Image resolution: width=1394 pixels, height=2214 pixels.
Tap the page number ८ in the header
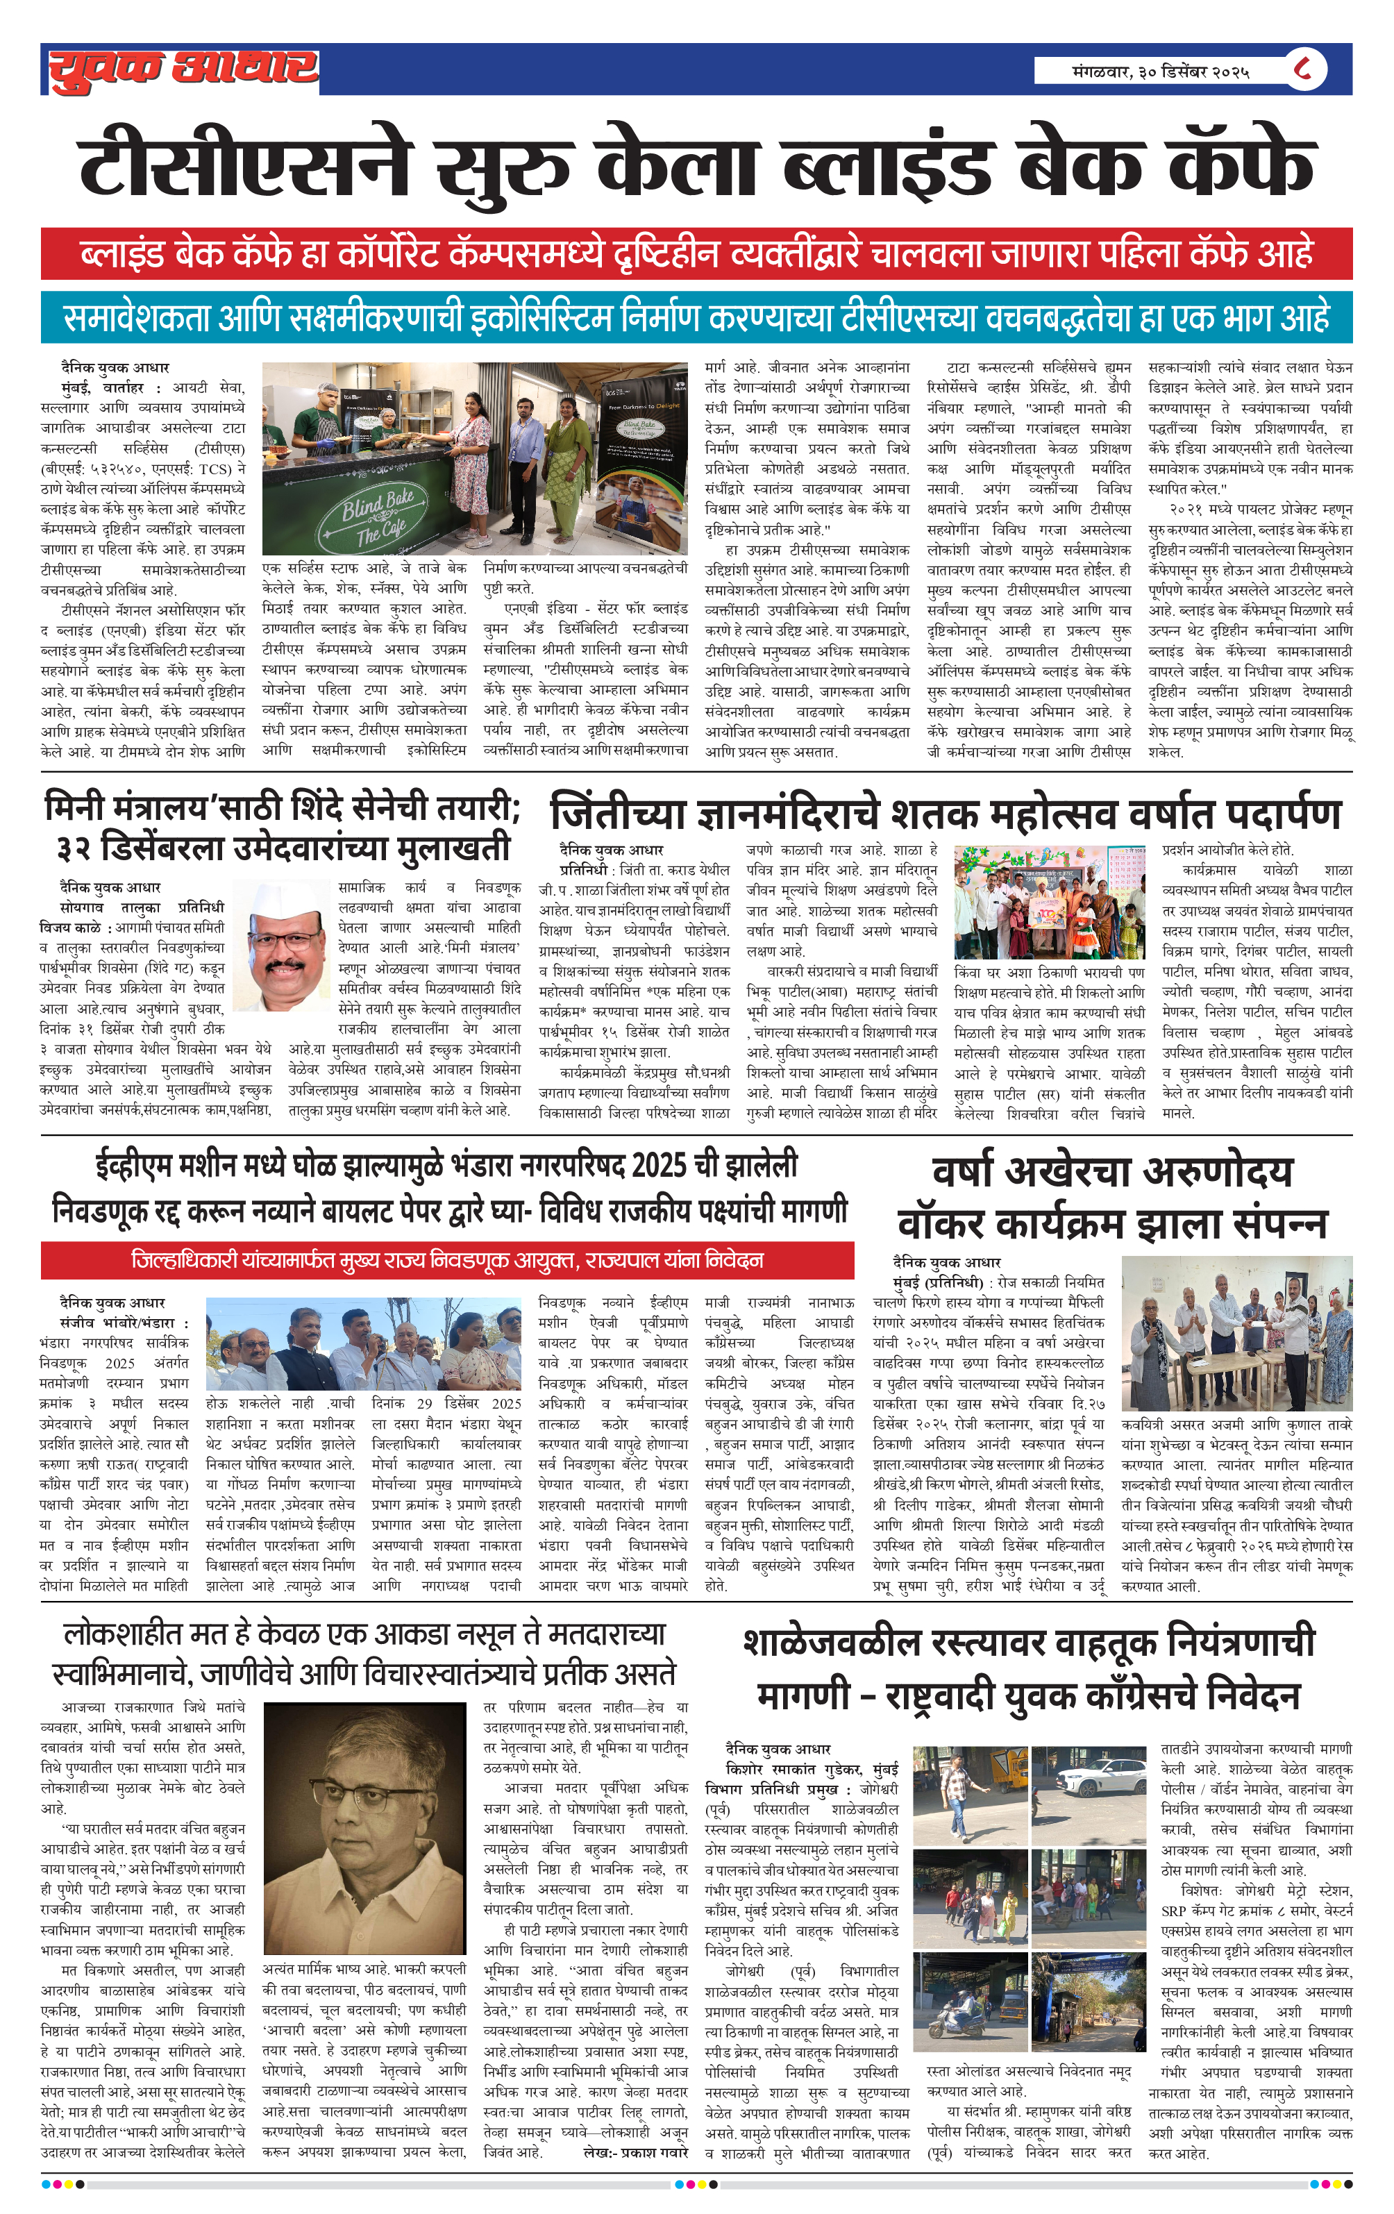[1302, 69]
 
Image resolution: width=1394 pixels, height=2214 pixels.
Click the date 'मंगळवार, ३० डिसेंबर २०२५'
[1161, 71]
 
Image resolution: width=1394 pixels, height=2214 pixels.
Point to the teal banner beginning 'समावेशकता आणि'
[696, 318]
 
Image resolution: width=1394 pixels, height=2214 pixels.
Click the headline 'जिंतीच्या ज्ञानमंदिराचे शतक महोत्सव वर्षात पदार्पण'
[946, 813]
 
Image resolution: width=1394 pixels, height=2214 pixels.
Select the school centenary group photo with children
[1048, 902]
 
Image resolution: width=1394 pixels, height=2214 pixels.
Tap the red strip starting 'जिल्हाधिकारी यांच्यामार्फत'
[447, 1259]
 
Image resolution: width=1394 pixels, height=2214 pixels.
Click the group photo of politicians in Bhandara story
[363, 1344]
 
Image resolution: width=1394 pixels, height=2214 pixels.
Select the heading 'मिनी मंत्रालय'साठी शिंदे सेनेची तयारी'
[283, 807]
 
